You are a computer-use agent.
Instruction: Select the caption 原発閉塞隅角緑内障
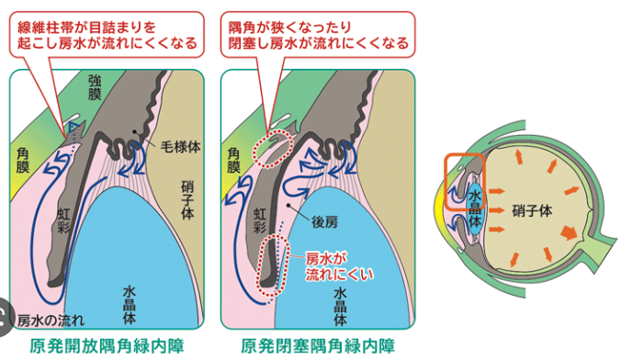tap(319, 346)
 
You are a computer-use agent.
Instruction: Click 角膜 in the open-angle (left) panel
tap(25, 163)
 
